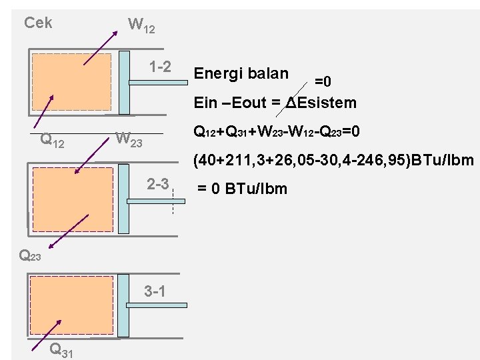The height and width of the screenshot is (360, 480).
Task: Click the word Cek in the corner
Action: tap(38, 23)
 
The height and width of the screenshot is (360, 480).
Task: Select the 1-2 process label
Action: tap(161, 67)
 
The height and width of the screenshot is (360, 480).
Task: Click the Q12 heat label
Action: tap(53, 140)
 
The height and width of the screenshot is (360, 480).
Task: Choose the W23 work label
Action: tap(129, 139)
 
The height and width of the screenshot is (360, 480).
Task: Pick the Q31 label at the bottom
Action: tap(61, 349)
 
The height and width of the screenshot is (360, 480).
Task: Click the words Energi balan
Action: tap(241, 73)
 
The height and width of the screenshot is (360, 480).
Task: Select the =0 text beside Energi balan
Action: tap(323, 81)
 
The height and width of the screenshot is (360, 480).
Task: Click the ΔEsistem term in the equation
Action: tap(321, 103)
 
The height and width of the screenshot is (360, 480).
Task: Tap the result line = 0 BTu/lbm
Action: tap(242, 189)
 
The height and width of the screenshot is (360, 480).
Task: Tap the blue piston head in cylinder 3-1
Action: tap(125, 305)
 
